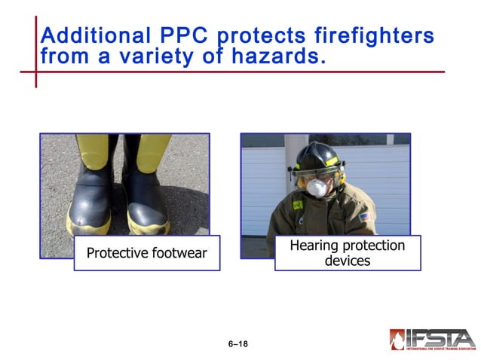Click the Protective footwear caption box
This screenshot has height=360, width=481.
click(x=146, y=253)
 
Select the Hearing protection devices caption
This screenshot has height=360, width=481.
click(x=348, y=253)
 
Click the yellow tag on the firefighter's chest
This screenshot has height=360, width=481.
click(x=298, y=205)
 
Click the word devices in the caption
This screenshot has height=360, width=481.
click(x=348, y=261)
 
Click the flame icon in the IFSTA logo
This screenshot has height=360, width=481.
click(x=397, y=340)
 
